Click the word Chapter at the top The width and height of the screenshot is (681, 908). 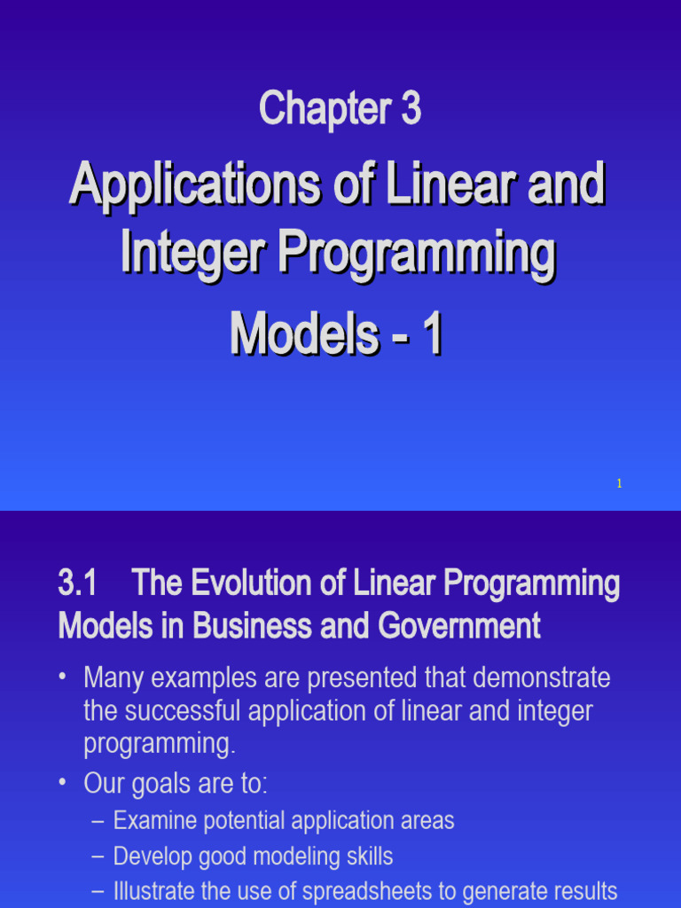[324, 110]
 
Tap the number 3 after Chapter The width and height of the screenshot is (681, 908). [410, 110]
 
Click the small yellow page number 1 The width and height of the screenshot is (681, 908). [619, 483]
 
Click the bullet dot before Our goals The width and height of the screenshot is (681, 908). [63, 784]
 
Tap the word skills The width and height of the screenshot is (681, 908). [363, 857]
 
